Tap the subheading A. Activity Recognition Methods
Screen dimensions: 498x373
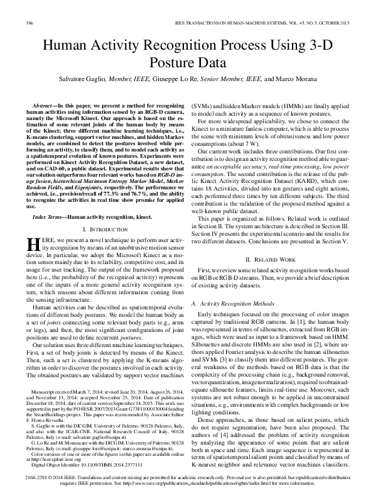point(235,303)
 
